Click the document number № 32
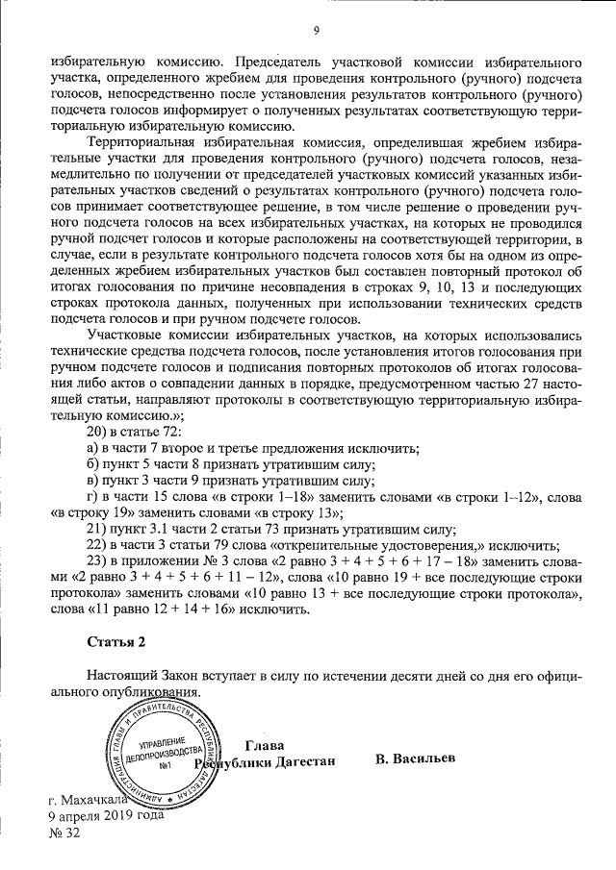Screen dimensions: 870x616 point(64,833)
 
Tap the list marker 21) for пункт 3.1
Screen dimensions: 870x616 point(97,529)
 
